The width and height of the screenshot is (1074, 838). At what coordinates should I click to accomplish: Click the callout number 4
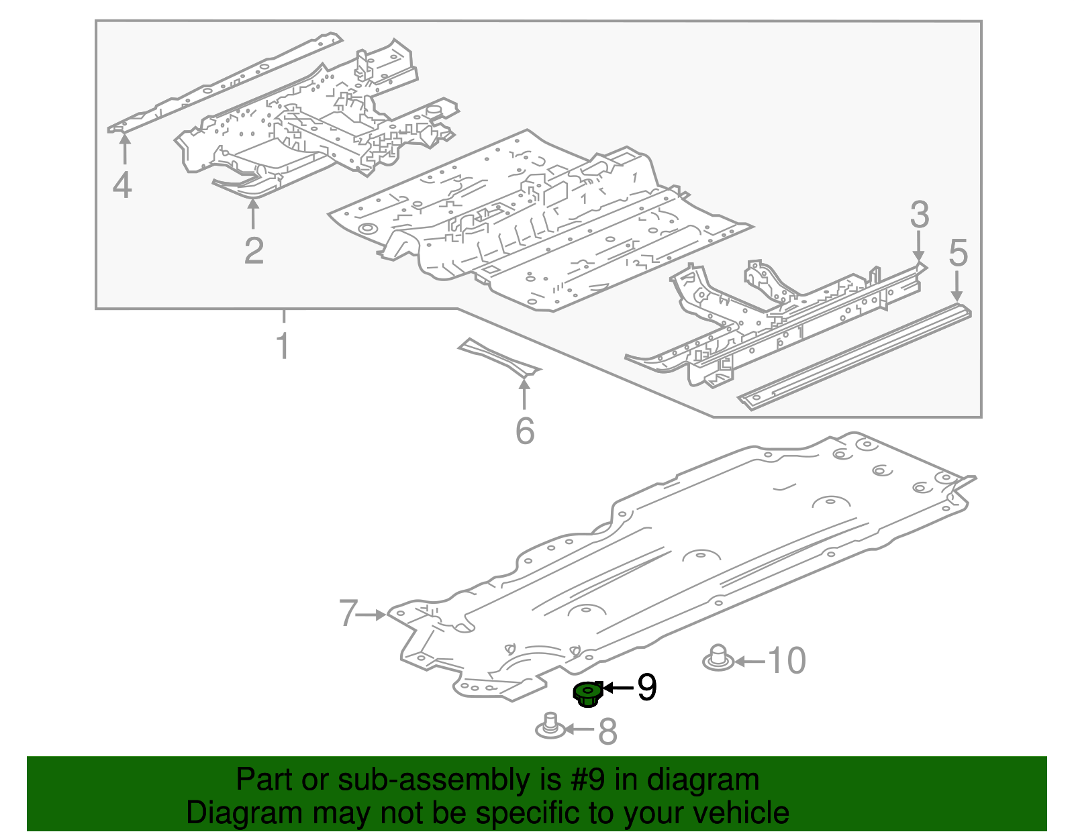[x=122, y=185]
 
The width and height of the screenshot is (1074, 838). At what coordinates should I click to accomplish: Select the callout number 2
[x=254, y=251]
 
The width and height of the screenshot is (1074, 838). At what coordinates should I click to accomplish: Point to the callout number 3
[x=919, y=215]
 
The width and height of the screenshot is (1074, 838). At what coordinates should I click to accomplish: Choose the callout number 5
[x=958, y=253]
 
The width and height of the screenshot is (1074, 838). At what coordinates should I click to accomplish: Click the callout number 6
[x=524, y=431]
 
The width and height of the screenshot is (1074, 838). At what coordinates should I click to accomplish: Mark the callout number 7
[x=347, y=613]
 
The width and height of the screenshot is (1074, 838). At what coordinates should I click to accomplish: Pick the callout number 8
[x=607, y=731]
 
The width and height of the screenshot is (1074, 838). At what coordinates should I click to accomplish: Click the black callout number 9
[x=646, y=688]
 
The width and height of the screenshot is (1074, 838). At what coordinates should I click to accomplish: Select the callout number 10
[x=786, y=661]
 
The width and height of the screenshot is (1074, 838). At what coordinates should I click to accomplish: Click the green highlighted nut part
[x=587, y=693]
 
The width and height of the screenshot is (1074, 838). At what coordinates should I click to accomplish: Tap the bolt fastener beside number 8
[x=550, y=725]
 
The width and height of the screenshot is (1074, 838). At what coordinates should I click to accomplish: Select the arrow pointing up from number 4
[x=124, y=149]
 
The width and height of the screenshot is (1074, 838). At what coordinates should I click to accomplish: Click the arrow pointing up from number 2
[x=253, y=215]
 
